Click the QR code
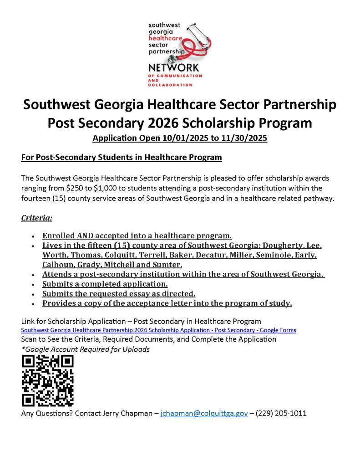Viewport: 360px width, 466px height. point(47,381)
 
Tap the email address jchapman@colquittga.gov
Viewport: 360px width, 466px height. point(204,414)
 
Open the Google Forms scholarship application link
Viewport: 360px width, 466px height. point(158,330)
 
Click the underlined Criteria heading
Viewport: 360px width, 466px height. point(37,218)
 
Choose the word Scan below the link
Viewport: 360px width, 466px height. point(30,339)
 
